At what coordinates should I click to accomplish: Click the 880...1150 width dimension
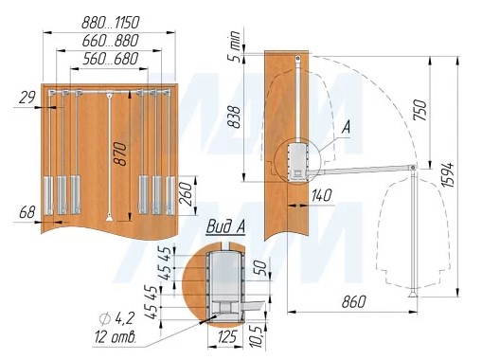click(x=111, y=23)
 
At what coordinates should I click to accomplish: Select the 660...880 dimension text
click(x=111, y=41)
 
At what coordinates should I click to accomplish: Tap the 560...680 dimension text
click(x=111, y=59)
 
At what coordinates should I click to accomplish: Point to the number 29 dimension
click(x=27, y=98)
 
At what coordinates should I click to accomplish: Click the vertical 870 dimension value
click(x=121, y=154)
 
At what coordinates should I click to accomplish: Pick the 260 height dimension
click(x=187, y=194)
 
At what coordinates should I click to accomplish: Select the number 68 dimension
click(x=27, y=212)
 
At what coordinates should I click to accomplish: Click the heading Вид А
click(x=225, y=227)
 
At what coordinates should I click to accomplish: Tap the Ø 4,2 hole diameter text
click(x=117, y=318)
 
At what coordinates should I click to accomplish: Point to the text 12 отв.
click(x=116, y=336)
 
